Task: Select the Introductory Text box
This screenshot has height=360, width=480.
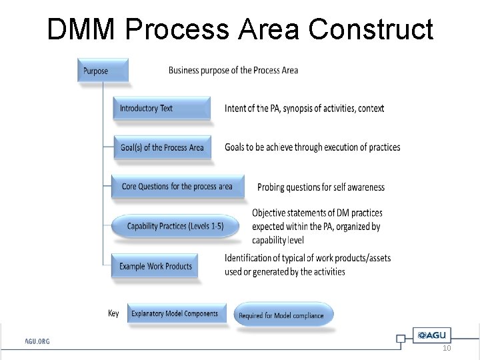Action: [161, 109]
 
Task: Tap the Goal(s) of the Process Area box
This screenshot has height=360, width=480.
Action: [161, 147]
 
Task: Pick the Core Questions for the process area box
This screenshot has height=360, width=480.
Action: [177, 187]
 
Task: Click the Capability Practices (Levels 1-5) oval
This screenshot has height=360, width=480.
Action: [175, 227]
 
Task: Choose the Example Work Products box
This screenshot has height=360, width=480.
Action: [155, 267]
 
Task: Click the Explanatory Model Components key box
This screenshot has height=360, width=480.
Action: [175, 314]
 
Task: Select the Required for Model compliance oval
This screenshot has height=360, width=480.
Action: [283, 315]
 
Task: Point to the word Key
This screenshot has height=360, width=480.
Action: [113, 313]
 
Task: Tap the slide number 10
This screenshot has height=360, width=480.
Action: [447, 349]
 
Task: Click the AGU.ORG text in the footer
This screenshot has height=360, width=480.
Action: [37, 341]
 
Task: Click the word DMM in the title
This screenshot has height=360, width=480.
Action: [81, 29]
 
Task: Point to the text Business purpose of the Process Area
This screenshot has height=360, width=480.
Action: [233, 70]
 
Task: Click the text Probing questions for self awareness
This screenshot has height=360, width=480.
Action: [321, 187]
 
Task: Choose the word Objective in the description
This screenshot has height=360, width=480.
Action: [273, 213]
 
